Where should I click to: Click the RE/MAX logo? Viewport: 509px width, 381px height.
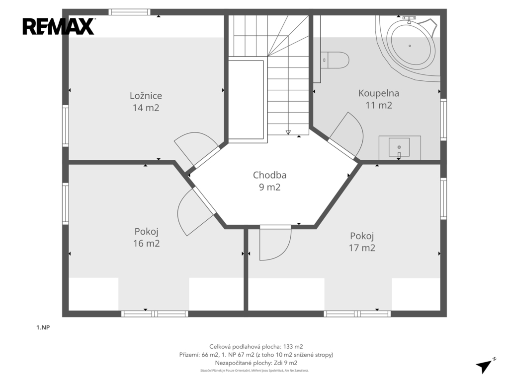59,27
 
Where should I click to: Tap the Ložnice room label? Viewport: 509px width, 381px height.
146,96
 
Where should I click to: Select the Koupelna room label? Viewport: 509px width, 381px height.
378,93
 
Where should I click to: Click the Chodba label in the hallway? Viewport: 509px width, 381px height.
269,175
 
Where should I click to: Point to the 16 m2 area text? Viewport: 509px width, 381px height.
147,243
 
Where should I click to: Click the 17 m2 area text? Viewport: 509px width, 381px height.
362,248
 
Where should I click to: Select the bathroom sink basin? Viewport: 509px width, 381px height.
399,147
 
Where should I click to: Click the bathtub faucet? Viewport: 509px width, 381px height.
410,19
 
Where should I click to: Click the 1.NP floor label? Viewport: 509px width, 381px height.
43,327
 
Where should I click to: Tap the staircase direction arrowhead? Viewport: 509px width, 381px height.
288,132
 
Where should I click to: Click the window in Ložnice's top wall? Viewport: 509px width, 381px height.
130,12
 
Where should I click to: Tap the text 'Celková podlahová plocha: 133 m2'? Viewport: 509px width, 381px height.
256,347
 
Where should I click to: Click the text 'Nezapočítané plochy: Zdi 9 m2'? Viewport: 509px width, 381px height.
256,363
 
